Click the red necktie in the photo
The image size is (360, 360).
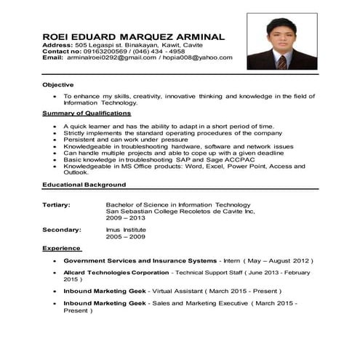(x=282, y=60)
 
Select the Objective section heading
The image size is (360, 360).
(x=58, y=85)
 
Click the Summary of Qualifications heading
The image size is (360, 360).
(x=87, y=113)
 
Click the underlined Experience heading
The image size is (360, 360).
(x=61, y=248)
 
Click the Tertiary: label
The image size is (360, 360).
(x=57, y=204)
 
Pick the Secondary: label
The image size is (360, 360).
(x=62, y=229)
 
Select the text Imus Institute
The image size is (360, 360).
(x=126, y=229)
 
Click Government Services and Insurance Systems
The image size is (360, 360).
(x=140, y=260)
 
